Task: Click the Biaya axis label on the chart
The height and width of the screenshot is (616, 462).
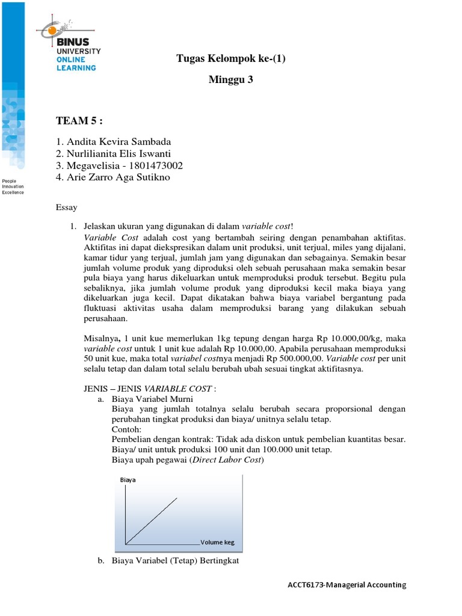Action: pyautogui.click(x=128, y=480)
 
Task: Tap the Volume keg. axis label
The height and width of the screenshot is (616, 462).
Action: pyautogui.click(x=217, y=542)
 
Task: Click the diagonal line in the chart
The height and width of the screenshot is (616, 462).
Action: pyautogui.click(x=152, y=520)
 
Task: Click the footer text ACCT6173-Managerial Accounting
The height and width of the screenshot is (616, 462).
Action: pyautogui.click(x=348, y=584)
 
